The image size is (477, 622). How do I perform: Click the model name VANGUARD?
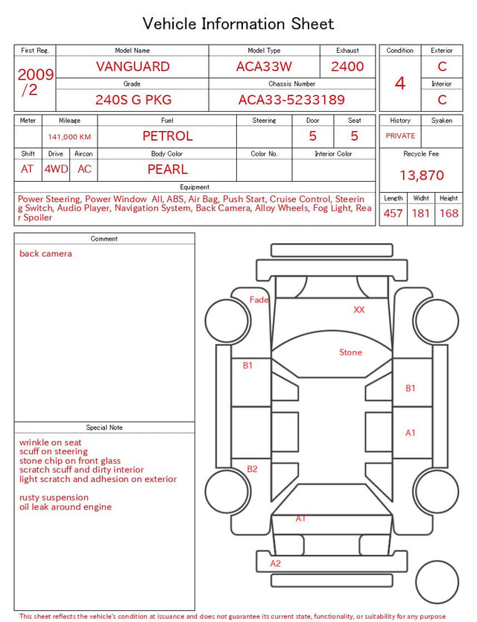point(133,66)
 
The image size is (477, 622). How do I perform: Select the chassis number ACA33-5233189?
point(291,100)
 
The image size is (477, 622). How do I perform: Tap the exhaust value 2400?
point(347,66)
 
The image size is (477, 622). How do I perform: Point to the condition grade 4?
point(400,83)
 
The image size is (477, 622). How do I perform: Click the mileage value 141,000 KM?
point(69,137)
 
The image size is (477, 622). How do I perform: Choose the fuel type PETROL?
point(168,136)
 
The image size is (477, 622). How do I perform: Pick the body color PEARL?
point(168,169)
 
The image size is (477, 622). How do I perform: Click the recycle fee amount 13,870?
point(422,175)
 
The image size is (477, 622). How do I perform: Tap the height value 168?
point(449,213)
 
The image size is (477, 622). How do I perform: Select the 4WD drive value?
point(56,169)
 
